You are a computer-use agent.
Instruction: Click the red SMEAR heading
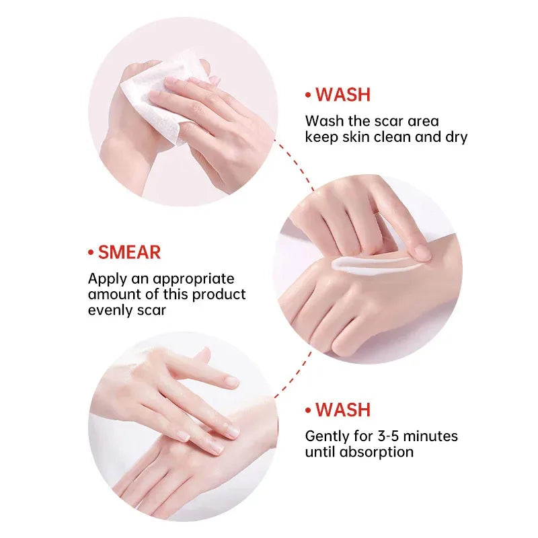pyautogui.click(x=129, y=253)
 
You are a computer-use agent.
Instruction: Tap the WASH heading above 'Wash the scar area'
pyautogui.click(x=343, y=95)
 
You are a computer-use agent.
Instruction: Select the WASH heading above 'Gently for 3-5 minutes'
pyautogui.click(x=343, y=410)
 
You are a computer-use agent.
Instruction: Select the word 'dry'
pyautogui.click(x=456, y=137)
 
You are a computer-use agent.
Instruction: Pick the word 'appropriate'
pyautogui.click(x=194, y=278)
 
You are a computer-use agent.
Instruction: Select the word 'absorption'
pyautogui.click(x=378, y=452)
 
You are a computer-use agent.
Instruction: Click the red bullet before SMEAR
pyautogui.click(x=90, y=254)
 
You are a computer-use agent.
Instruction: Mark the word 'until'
pyautogui.click(x=321, y=452)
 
